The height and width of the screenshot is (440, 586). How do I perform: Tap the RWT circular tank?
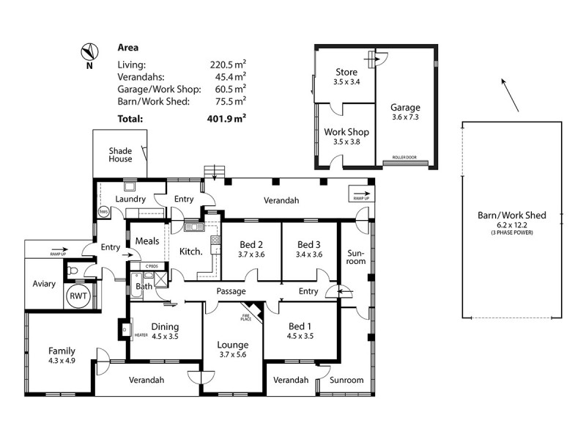(77, 296)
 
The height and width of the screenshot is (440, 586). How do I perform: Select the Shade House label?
(120, 155)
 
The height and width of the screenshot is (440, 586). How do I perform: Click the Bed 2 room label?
(251, 244)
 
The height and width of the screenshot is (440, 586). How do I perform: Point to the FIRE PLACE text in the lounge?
(245, 317)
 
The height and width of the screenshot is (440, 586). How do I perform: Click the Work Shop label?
(346, 132)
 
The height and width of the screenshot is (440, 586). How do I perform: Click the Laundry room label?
(130, 199)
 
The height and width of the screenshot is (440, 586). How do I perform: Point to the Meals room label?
(147, 241)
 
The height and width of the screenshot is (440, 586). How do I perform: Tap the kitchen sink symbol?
(194, 227)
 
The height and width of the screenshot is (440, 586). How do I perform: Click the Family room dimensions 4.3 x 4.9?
(62, 360)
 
